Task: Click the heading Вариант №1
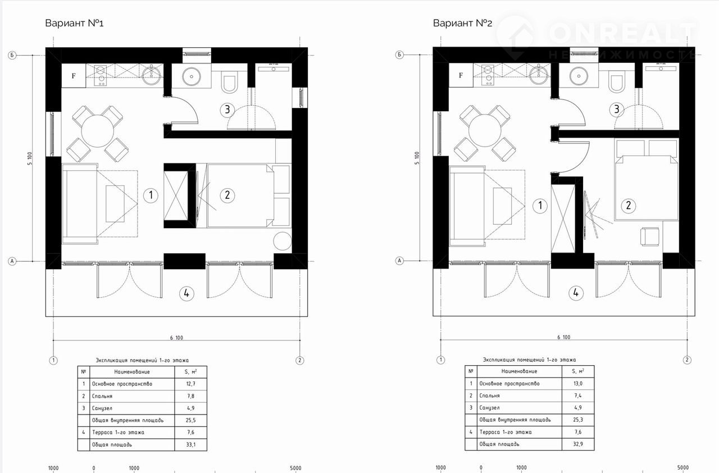coord(74,23)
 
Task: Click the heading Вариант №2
coord(462,23)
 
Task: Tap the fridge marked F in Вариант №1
coord(74,76)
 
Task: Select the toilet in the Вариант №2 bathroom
coord(616,82)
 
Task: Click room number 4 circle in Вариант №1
coord(186,293)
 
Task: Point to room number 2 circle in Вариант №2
coord(628,206)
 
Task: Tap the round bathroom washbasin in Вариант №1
coord(192,77)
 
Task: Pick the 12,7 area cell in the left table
coord(190,384)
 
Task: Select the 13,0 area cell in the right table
coord(578,384)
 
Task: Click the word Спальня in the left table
coord(102,396)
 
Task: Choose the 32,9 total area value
coord(578,444)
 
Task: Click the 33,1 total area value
coord(190,444)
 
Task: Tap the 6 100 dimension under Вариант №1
coord(176,338)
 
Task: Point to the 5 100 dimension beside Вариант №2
coord(417,158)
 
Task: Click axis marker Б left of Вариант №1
coord(12,55)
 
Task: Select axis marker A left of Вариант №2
coord(399,261)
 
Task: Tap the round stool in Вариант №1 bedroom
coord(283,241)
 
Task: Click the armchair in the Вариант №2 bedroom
coord(650,237)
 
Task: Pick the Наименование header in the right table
coord(519,371)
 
